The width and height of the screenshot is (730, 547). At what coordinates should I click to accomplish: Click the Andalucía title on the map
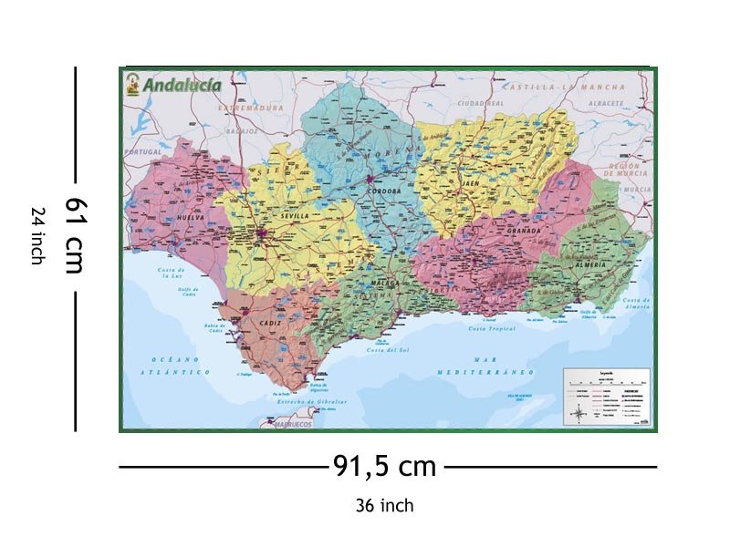click(181, 85)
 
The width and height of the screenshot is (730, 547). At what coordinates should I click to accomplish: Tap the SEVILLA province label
click(294, 216)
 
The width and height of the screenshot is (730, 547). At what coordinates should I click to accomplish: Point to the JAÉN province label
click(471, 183)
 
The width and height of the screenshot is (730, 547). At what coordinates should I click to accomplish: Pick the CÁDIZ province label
click(270, 324)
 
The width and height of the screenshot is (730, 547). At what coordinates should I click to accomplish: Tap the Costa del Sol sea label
click(389, 350)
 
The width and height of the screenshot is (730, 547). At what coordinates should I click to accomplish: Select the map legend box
click(606, 397)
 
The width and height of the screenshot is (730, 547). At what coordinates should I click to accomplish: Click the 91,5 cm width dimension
click(384, 467)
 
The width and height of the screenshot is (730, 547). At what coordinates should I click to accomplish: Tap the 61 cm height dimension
click(74, 236)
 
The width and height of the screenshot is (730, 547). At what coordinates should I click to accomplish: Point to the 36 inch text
click(384, 505)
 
